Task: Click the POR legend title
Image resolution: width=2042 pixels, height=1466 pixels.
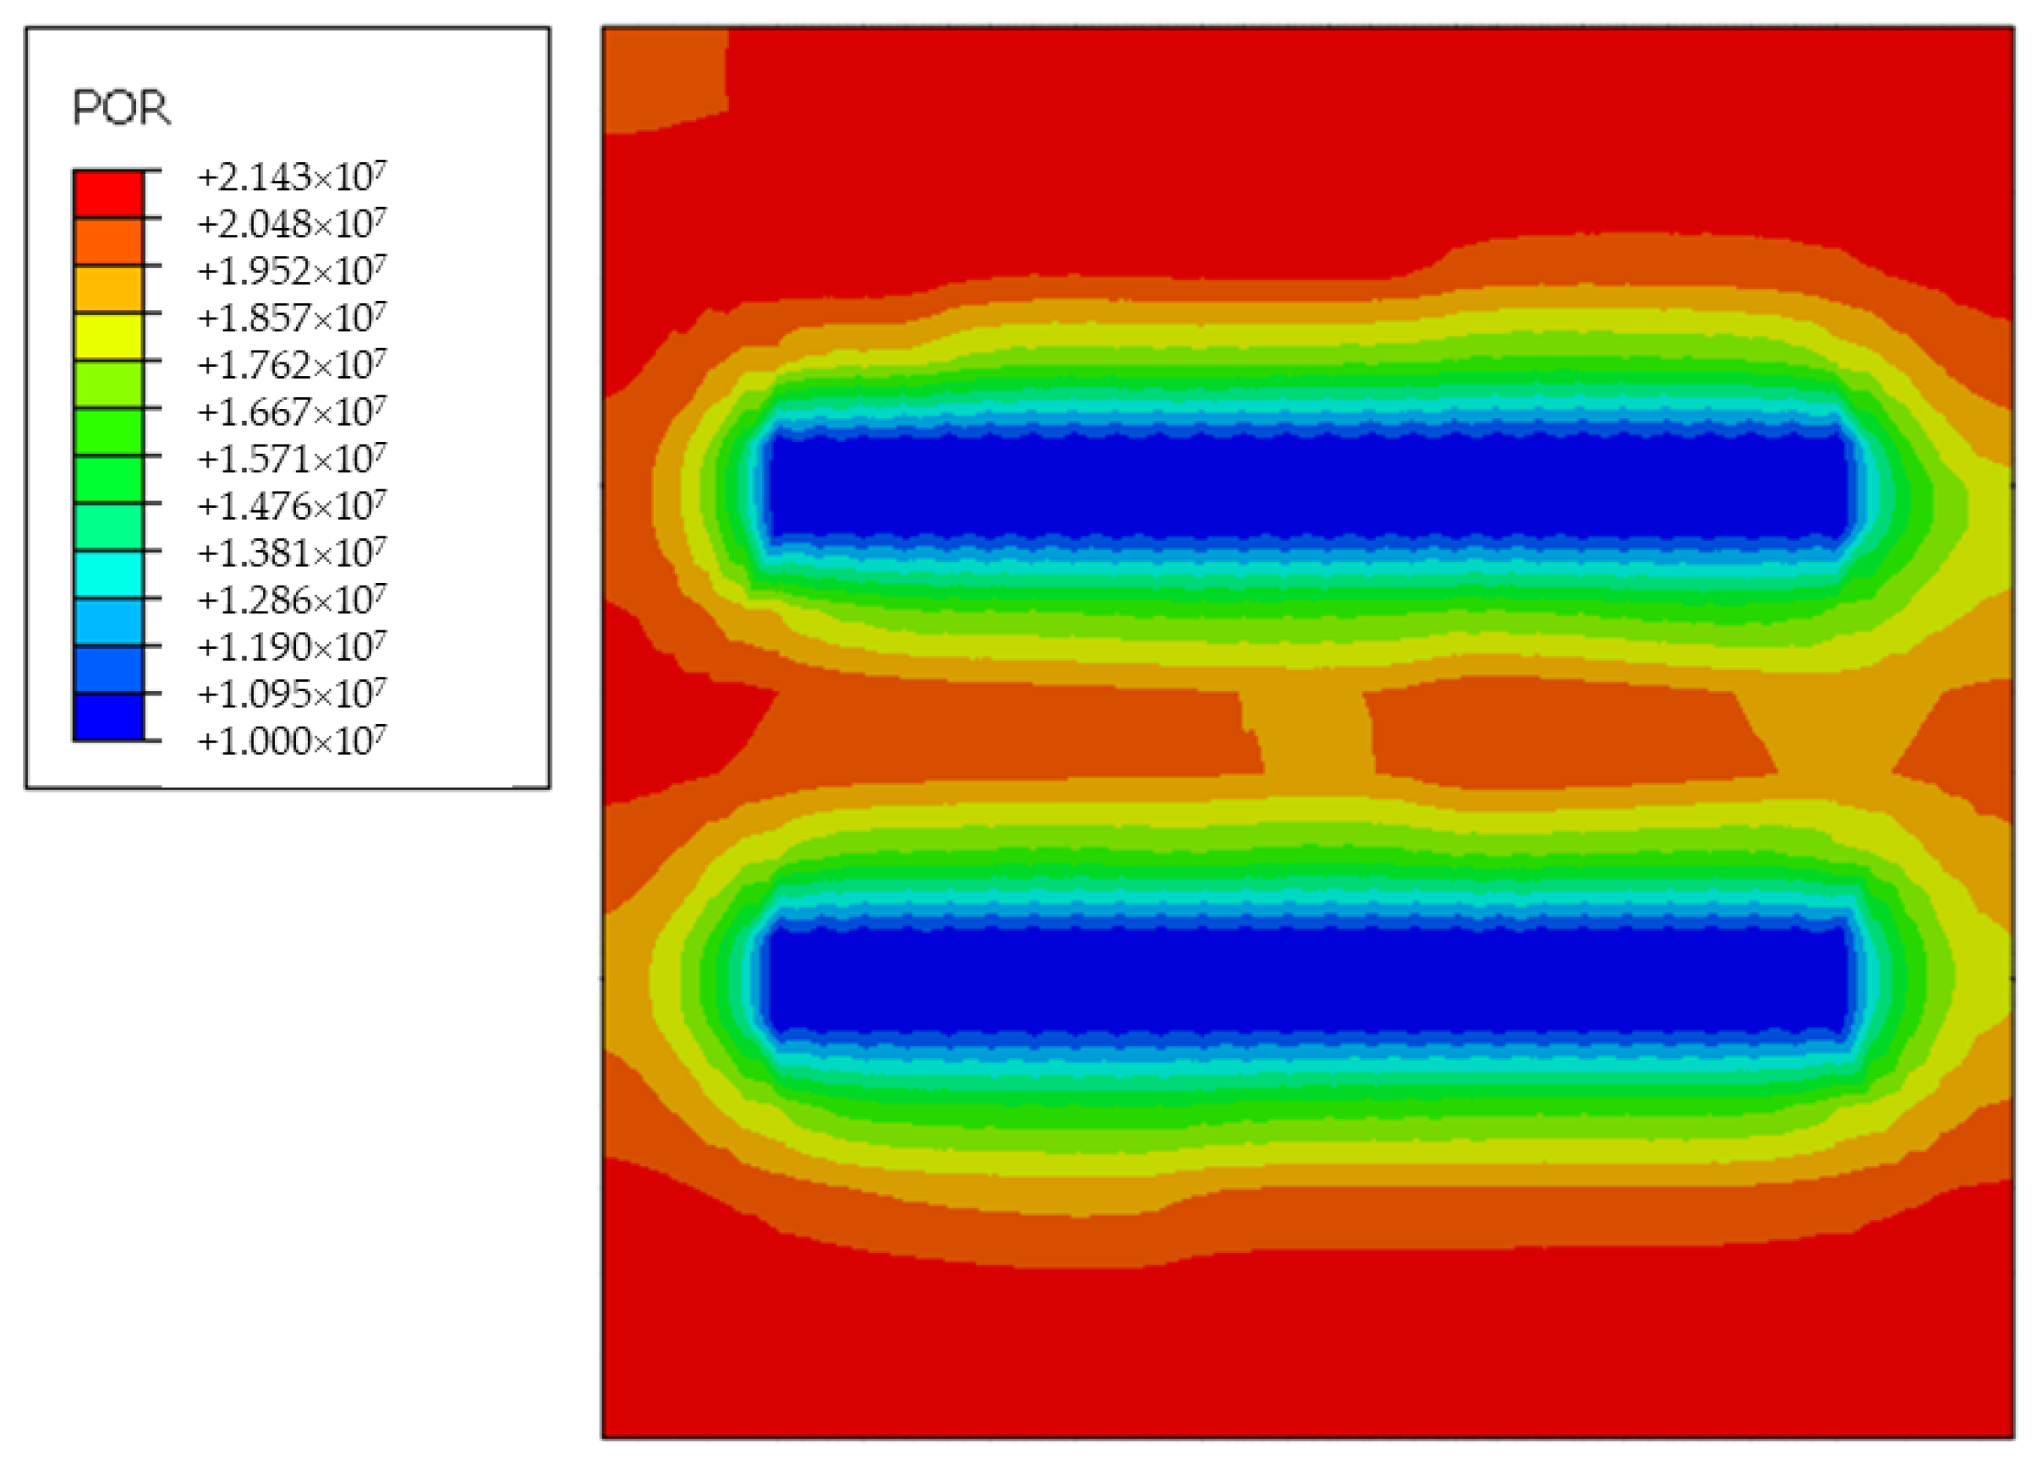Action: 121,109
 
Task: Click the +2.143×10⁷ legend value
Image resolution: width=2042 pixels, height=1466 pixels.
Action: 292,177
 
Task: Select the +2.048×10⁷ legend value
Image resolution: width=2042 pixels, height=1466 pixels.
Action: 292,223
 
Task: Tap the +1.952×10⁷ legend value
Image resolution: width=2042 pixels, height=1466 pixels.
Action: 292,270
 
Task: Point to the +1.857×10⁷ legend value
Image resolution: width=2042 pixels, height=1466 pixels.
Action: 292,318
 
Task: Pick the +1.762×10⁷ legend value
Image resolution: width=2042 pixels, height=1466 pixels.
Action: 292,364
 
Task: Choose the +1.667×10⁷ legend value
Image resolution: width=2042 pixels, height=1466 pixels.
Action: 292,411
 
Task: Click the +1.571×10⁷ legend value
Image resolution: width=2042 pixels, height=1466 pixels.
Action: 292,459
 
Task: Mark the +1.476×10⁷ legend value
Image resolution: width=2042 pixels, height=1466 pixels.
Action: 292,506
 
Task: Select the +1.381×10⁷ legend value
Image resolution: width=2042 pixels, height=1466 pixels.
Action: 292,553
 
